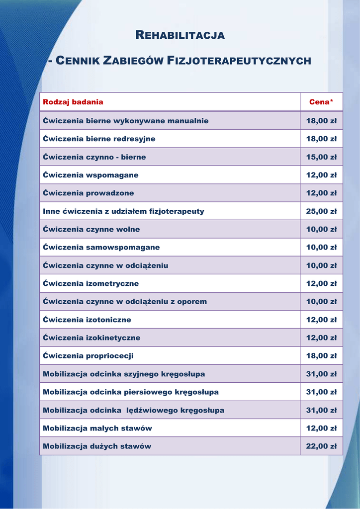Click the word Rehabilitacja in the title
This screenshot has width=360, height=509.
coord(180,35)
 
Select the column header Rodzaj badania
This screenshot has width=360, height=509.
coord(73,102)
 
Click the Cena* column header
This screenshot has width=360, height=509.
coord(321,102)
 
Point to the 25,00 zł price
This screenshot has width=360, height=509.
coord(321,211)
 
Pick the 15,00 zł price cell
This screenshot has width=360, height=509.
coord(321,157)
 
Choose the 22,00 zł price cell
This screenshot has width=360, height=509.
coord(321,446)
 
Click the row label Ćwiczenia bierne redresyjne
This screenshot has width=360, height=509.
coord(99,139)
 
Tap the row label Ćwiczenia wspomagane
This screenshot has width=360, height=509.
coord(90,175)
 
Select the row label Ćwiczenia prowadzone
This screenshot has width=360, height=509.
coord(89,193)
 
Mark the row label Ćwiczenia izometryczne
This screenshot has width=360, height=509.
coord(91,284)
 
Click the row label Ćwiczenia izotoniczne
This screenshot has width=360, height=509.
coord(87,320)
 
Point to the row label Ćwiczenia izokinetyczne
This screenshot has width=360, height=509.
coord(91,338)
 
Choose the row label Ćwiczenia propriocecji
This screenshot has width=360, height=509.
coord(88,356)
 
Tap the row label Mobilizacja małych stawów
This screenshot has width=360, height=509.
coord(97,428)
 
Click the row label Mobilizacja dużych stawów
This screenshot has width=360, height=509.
coord(97,446)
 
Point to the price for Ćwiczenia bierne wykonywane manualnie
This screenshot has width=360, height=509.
coord(321,121)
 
